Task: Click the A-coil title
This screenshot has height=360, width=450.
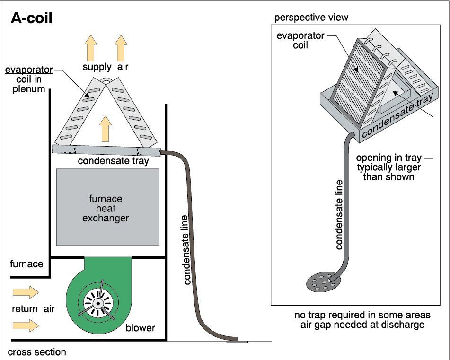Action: click(x=32, y=18)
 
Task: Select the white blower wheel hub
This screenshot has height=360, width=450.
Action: click(x=98, y=303)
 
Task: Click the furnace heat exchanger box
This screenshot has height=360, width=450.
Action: click(x=107, y=207)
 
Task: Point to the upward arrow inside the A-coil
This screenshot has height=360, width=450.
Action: click(x=106, y=129)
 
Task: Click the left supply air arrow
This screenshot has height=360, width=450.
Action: click(x=91, y=48)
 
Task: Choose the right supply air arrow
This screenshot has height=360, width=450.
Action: click(x=121, y=48)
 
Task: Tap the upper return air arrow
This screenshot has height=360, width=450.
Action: click(x=26, y=292)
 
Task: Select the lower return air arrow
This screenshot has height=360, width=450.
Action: click(x=26, y=325)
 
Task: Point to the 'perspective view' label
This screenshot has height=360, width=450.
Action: click(x=311, y=18)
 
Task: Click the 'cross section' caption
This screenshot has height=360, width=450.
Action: click(x=37, y=352)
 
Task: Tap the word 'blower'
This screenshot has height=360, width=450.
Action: click(x=141, y=327)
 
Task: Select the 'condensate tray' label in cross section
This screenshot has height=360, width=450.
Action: click(x=114, y=161)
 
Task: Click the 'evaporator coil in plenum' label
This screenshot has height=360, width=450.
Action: click(x=29, y=79)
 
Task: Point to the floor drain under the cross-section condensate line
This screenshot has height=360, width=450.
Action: click(x=237, y=342)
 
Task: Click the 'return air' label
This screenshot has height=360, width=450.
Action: click(x=33, y=309)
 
